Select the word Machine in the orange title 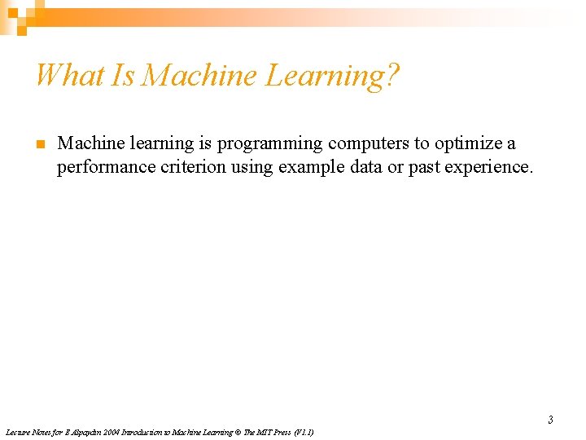pyautogui.click(x=198, y=76)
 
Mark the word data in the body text pyautogui.click(x=365, y=168)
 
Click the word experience pyautogui.click(x=493, y=168)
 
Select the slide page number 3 pyautogui.click(x=550, y=420)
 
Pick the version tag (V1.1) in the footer pyautogui.click(x=304, y=432)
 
